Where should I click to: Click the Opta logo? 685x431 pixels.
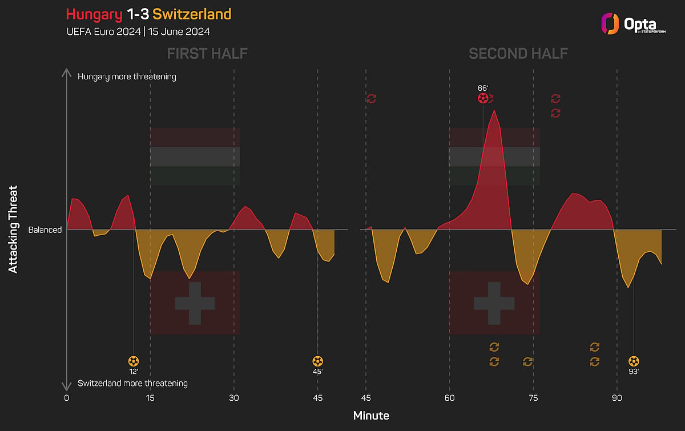pos(633,24)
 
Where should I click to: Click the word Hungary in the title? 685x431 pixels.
pos(94,15)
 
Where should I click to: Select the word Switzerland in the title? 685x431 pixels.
pos(192,14)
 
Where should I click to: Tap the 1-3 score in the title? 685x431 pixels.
pos(138,14)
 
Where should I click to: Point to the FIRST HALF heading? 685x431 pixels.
pos(207,54)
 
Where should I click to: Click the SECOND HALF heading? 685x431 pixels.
pos(518,54)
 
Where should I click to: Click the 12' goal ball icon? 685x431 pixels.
pos(134,361)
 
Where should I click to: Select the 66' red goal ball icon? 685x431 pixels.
pos(483,99)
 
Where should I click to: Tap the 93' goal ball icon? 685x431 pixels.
pos(634,361)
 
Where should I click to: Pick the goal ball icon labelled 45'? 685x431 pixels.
pos(318,361)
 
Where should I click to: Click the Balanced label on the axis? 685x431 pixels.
pos(45,229)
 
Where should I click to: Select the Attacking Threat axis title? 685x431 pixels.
pos(13,229)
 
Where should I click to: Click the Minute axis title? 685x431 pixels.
pos(371,416)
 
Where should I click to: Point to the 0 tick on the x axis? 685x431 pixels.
pos(66,398)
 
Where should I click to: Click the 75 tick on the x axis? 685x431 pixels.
pos(533,398)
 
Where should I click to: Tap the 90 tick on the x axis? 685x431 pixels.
pos(617,398)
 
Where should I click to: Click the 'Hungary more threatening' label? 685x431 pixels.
pos(127,76)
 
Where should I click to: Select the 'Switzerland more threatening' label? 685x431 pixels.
pos(132,383)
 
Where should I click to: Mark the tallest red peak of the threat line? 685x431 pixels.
pos(494,110)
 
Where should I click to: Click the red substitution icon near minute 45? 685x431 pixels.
pos(371,99)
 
